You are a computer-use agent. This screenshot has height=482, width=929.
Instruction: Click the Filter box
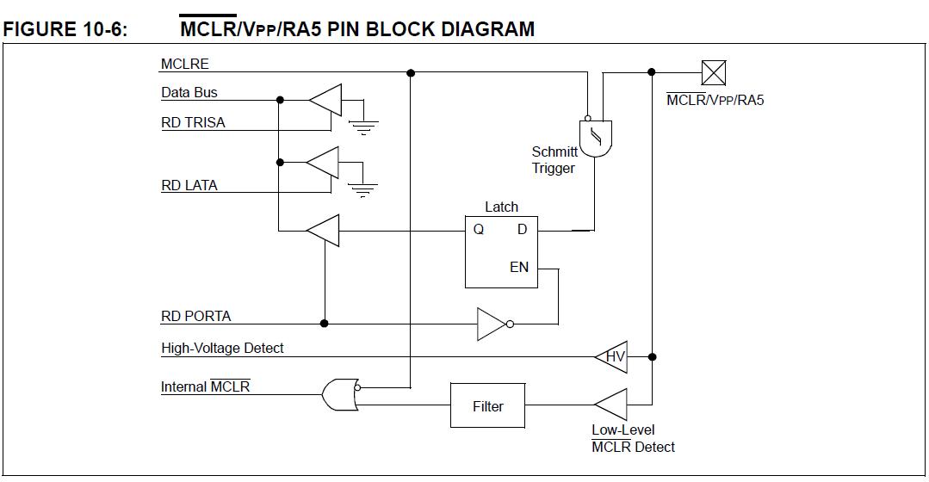click(487, 405)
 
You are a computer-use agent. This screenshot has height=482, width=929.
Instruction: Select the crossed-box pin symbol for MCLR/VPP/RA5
click(714, 73)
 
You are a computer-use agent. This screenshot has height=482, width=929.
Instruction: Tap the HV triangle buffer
click(610, 357)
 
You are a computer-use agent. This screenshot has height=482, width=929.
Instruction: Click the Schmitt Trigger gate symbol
click(596, 139)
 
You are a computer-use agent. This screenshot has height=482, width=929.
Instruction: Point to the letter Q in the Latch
click(478, 230)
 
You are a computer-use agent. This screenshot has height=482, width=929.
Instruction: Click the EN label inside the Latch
click(519, 268)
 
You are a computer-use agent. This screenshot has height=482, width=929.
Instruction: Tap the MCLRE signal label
click(185, 64)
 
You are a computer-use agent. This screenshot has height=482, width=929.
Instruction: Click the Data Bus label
click(189, 92)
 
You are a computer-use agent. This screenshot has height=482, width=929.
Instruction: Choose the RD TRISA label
click(193, 122)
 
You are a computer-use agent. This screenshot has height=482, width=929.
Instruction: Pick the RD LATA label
click(189, 185)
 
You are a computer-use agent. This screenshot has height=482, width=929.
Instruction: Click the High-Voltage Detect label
click(223, 349)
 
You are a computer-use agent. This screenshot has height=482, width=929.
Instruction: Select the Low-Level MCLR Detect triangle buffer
click(610, 405)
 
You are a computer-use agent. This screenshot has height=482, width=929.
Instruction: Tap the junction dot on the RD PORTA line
click(324, 324)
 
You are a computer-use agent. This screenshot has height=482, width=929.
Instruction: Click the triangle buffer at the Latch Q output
click(323, 231)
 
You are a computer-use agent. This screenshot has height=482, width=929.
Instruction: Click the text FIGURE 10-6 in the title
click(65, 29)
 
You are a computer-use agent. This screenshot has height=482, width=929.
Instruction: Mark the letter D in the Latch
click(522, 229)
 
